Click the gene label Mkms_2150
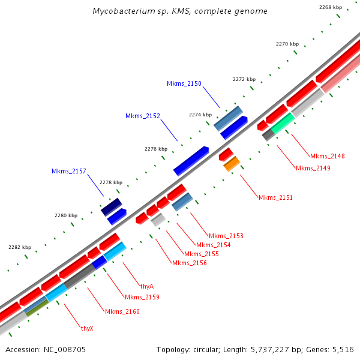(x=184, y=84)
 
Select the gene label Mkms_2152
(x=143, y=116)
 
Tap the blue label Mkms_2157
(x=69, y=172)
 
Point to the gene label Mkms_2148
(x=328, y=156)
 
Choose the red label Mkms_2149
(x=313, y=168)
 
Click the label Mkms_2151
(x=275, y=197)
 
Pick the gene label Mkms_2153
(x=226, y=236)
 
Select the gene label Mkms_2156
(x=190, y=263)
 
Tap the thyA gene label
(x=147, y=286)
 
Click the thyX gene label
(x=87, y=328)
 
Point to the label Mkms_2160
(x=122, y=311)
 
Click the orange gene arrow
(x=232, y=164)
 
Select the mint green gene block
(x=283, y=122)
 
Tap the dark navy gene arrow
(x=112, y=207)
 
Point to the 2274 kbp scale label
(x=200, y=115)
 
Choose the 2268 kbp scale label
(x=331, y=7)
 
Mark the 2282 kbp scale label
(x=20, y=247)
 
